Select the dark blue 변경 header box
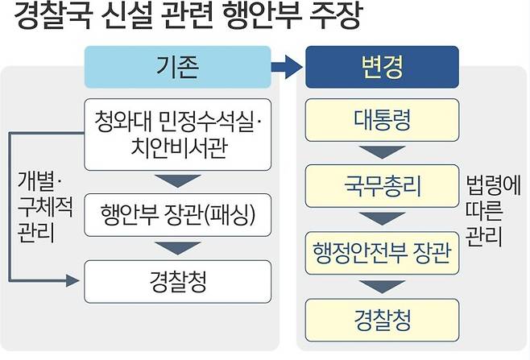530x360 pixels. (x=381, y=67)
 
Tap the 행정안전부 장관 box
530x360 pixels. (x=381, y=254)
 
